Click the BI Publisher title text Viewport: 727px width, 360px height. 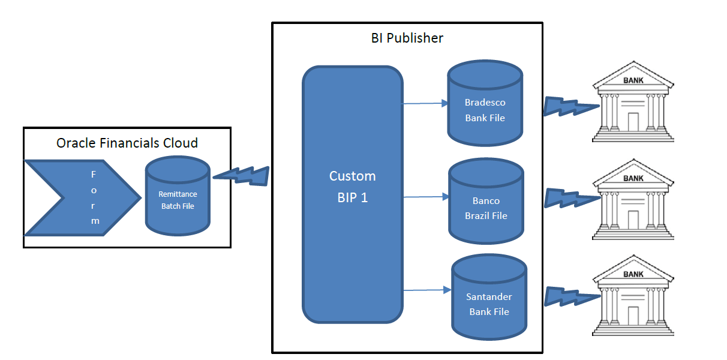407,38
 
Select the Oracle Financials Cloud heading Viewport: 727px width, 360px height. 127,143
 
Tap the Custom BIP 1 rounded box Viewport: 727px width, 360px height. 352,194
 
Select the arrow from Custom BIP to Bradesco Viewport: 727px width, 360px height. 425,103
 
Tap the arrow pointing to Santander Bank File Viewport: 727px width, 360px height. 426,290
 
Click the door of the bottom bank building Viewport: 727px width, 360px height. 633,316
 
